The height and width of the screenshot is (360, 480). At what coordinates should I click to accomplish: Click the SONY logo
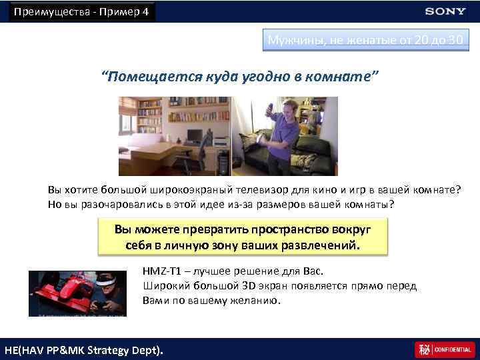(x=445, y=11)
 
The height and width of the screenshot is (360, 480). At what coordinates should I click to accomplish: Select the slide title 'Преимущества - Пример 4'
(x=81, y=12)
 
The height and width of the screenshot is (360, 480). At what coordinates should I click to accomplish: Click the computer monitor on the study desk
(x=195, y=137)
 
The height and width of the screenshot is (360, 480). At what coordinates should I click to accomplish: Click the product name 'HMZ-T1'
(x=162, y=271)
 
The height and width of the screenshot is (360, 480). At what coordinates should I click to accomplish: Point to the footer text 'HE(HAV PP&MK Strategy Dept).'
(x=83, y=350)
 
